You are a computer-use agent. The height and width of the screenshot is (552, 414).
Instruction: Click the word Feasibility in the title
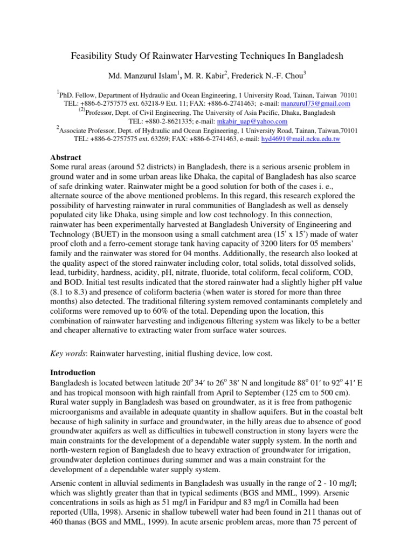92,56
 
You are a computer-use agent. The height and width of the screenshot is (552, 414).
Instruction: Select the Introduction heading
73,372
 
